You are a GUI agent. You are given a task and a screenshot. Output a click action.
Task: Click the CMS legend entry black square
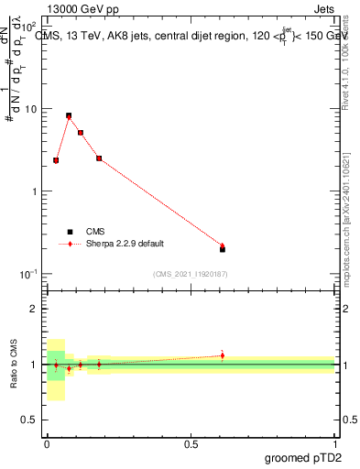(x=70, y=232)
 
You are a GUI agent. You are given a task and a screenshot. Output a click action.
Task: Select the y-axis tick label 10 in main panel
(x=30, y=109)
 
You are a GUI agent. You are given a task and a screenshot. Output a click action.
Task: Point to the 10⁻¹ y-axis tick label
(x=28, y=275)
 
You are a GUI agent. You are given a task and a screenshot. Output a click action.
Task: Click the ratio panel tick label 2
(x=34, y=310)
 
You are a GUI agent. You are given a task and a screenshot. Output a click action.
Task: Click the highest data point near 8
(x=69, y=116)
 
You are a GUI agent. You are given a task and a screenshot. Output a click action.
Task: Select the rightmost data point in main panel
(x=223, y=247)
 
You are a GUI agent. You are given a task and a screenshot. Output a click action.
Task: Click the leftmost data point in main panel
(x=56, y=160)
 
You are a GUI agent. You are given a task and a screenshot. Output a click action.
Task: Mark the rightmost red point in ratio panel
(x=223, y=355)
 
